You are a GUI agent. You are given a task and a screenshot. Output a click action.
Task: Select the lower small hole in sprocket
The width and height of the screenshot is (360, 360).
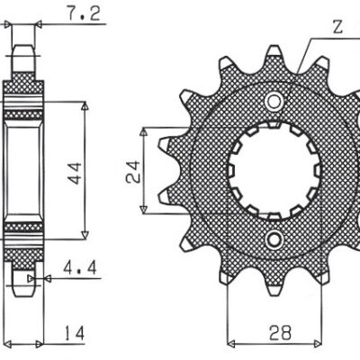(272, 238)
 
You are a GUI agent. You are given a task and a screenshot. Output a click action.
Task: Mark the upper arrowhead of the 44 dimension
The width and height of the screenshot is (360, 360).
(85, 106)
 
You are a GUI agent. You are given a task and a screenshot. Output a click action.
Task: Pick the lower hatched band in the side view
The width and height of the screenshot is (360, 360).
(26, 236)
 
